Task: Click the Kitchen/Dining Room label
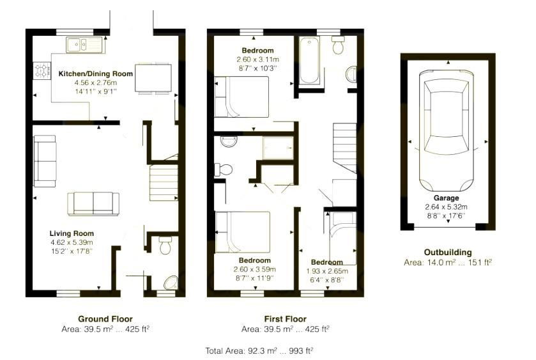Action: coord(96,74)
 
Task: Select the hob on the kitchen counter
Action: coord(43,70)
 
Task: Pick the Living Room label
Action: coord(72,233)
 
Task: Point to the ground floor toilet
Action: coord(165,246)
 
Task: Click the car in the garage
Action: coord(446,128)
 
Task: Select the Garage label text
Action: coord(446,198)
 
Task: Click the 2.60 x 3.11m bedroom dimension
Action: coord(257,59)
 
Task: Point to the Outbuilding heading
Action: coord(447,252)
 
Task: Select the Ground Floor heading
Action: coord(105,318)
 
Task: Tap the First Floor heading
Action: coord(285,318)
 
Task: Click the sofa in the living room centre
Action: coord(93,203)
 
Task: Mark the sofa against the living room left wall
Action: coord(45,160)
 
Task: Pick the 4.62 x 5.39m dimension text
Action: coord(72,243)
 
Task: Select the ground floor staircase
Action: coord(162,182)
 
